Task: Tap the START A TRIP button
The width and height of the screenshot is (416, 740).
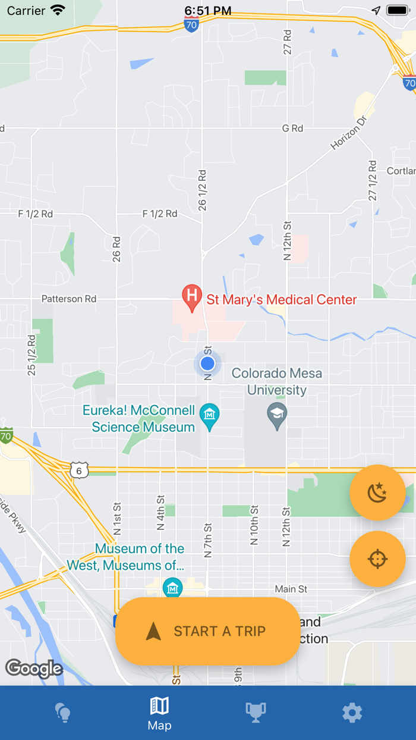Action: tap(207, 631)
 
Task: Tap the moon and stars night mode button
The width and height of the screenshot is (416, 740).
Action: tap(377, 493)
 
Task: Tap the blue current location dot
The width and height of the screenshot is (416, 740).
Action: tap(207, 363)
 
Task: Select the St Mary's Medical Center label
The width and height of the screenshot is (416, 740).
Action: tap(281, 299)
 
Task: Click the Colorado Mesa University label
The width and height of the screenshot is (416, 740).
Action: tap(277, 381)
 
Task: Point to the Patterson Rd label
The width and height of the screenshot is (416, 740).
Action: tap(69, 299)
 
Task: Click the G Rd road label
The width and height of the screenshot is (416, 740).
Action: tap(292, 128)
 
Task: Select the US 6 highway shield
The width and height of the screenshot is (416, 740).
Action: tap(79, 471)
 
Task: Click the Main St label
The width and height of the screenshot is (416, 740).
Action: tap(291, 589)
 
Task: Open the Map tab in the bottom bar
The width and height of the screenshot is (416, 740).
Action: tap(159, 713)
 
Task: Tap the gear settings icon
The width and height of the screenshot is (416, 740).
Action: tap(352, 712)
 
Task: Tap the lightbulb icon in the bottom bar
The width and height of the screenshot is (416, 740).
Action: tap(63, 712)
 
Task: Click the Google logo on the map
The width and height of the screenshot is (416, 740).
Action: tap(34, 669)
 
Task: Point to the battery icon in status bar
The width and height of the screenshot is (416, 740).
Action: tap(397, 10)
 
